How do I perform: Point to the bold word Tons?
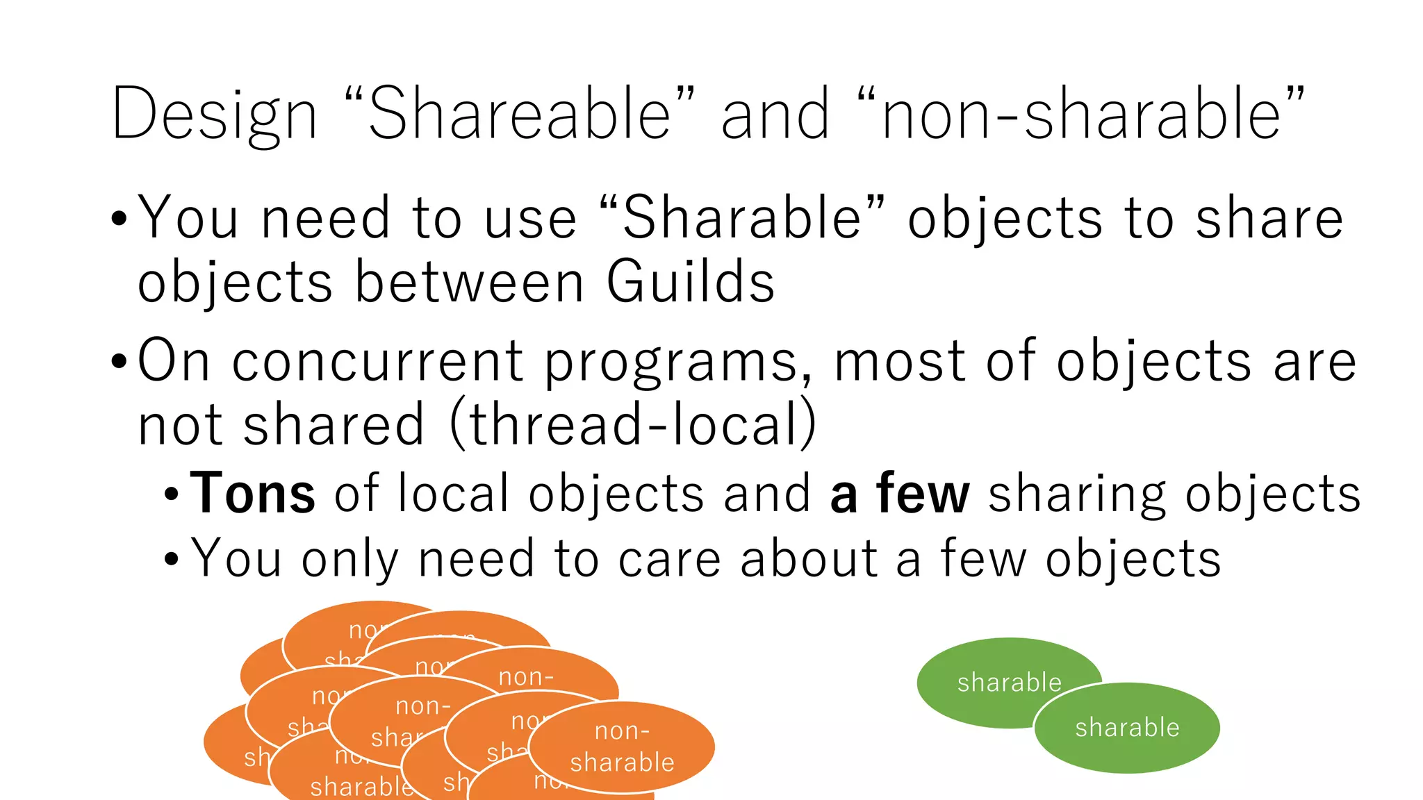coord(253,494)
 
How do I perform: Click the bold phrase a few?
coord(899,494)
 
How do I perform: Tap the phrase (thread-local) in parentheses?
coord(633,424)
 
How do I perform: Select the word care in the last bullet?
coord(670,559)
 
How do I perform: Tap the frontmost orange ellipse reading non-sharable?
coord(622,747)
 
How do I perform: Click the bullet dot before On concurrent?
coord(120,362)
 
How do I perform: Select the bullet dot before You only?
coord(172,559)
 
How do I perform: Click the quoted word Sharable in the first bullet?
coord(742,218)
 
